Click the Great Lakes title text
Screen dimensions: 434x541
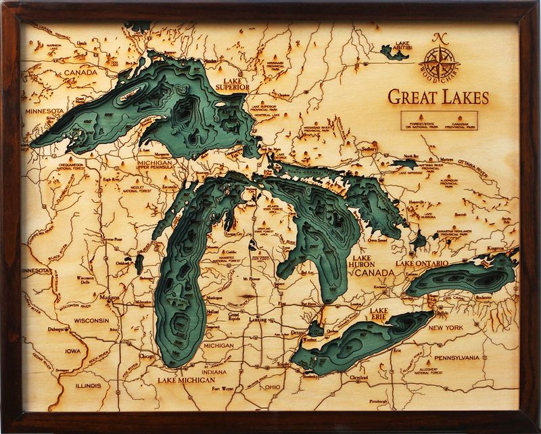438,97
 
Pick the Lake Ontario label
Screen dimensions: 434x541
422,262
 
